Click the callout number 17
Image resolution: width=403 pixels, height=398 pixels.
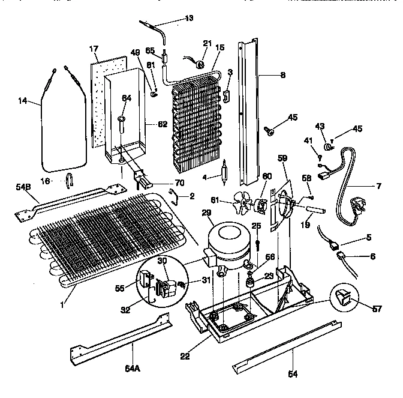tap(94, 48)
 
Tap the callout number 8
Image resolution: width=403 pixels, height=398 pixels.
tap(282, 76)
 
